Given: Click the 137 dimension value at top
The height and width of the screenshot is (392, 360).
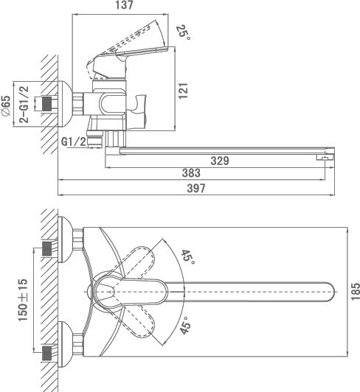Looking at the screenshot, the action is (x=124, y=5).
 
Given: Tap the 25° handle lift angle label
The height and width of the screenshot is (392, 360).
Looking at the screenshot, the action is (x=184, y=32).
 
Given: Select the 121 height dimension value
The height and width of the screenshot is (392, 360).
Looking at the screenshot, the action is (x=183, y=91).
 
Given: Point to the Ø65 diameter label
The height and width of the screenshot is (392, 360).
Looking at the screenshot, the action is (x=6, y=106).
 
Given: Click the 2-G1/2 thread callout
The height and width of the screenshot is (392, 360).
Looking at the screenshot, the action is (x=24, y=104).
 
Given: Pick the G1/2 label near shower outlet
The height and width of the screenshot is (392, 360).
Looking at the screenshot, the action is (x=74, y=141).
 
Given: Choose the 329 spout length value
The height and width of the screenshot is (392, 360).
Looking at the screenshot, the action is (x=220, y=161).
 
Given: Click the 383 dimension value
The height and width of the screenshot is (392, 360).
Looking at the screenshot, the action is (x=191, y=173).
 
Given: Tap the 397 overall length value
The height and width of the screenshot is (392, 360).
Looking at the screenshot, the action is (x=196, y=188).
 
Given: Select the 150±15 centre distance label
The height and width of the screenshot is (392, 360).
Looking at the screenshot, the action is (x=23, y=300).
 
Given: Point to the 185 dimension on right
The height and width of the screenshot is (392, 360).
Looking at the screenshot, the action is (x=356, y=292).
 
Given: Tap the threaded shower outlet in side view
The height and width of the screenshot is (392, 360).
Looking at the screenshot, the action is (x=95, y=139).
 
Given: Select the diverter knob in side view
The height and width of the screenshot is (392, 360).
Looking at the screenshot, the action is (x=137, y=112).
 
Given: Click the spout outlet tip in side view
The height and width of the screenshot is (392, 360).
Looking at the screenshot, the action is (x=325, y=157).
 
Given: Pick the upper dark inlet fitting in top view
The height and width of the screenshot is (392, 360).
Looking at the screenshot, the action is (x=47, y=249).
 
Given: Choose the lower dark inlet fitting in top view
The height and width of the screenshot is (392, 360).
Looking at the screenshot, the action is (x=47, y=353).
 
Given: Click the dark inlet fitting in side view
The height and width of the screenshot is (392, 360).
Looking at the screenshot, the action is (x=47, y=104).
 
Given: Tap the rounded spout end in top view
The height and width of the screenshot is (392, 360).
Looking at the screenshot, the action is (x=330, y=292).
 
